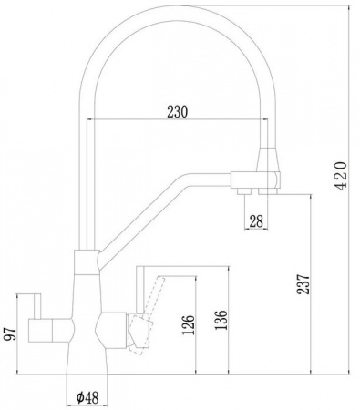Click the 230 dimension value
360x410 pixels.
pos(178,111)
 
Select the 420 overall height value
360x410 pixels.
pos(341,176)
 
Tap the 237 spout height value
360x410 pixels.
pos(303,284)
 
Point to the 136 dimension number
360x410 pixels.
pos(221,320)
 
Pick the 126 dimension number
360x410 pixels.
pos(188,325)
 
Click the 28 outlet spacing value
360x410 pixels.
pos(256,220)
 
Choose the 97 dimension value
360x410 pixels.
pos(11,334)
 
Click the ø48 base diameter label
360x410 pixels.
pos(87,397)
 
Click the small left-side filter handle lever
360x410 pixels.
pos(37,306)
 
